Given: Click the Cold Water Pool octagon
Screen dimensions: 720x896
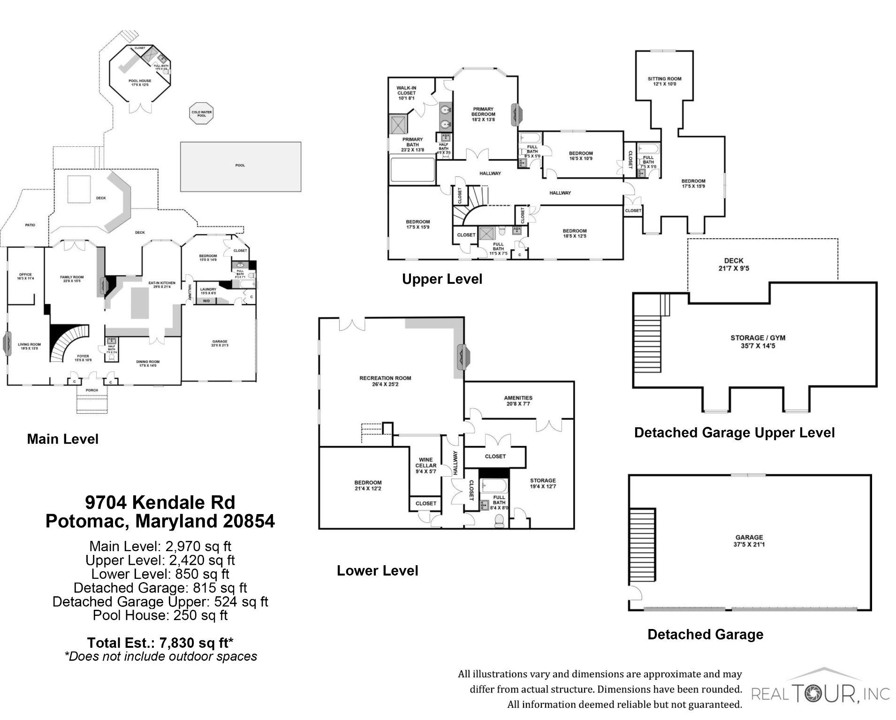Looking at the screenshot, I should pos(201,113).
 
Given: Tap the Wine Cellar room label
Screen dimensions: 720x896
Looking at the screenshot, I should pos(425,465).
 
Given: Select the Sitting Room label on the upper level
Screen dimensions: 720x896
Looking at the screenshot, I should pos(664,81).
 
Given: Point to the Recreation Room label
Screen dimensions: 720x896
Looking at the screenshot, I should pos(385,381).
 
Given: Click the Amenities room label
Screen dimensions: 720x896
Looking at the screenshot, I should pos(518,400).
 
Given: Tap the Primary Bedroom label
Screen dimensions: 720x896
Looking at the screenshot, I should pos(483,114).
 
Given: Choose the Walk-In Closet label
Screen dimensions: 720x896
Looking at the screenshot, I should pos(406,93).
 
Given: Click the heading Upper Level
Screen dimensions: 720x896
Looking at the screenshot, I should pos(442,279).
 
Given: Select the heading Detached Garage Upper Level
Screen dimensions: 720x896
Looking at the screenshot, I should pos(734,432).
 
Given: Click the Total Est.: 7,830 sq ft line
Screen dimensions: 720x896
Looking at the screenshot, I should pos(160,642).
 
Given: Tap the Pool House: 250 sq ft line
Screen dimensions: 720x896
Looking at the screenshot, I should pos(160,615).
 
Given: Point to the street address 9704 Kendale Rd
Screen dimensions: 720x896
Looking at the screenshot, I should pos(160,502).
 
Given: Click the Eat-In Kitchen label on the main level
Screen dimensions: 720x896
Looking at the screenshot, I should pos(161,285).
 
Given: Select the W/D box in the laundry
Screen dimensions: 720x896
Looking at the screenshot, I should pos(206,301).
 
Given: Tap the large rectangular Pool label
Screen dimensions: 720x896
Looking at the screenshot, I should pos(240,165).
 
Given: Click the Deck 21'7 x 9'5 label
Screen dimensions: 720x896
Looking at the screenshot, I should pos(734,265).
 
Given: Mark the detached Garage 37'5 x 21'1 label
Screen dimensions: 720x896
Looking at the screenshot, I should pos(749,540).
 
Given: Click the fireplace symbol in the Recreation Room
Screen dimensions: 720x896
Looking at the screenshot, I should pos(461,356).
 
